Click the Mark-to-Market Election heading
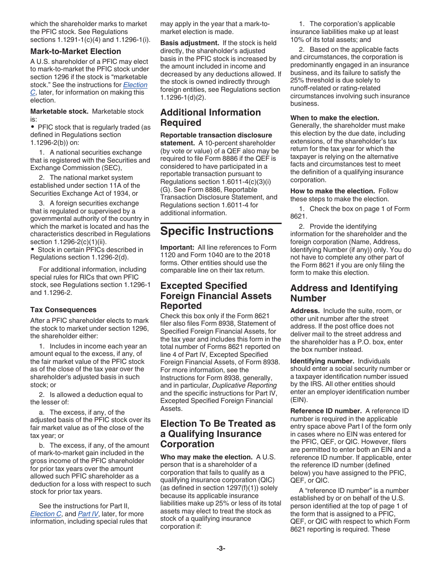coord(75,52)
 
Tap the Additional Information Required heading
coord(210,117)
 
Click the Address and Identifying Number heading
coord(344,293)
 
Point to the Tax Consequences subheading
coord(63,310)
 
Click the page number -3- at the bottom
coord(221,548)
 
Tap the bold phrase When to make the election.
coord(335,118)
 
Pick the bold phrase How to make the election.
coord(332,191)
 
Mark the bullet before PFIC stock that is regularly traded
coord(33,127)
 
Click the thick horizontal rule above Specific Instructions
coord(221,224)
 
